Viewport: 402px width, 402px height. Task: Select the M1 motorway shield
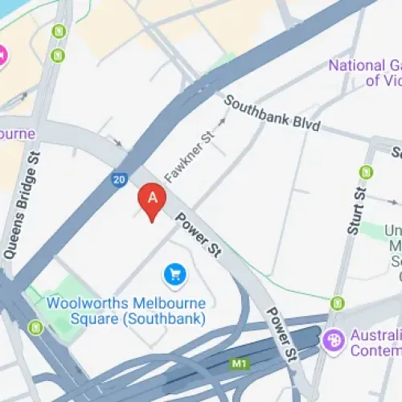(x=238, y=364)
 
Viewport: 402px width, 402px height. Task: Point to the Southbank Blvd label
(x=272, y=116)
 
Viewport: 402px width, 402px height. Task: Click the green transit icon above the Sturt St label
(x=367, y=171)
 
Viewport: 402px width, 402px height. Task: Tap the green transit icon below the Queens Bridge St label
(x=35, y=327)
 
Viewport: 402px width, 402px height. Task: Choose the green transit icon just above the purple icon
(x=338, y=303)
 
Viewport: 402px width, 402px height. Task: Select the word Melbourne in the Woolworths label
(x=165, y=304)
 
